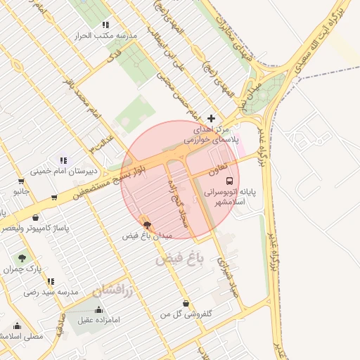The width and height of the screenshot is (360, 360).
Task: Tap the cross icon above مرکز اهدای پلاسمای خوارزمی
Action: (212, 117)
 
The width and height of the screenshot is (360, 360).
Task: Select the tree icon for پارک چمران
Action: (22, 257)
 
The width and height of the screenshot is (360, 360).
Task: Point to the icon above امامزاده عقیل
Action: (98, 309)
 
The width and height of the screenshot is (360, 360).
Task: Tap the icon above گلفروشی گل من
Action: (185, 303)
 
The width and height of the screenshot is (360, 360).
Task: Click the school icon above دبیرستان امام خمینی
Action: (64, 160)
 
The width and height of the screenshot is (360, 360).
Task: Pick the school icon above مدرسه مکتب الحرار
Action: (105, 24)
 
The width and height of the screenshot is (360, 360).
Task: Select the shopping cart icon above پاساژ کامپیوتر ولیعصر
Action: (53, 198)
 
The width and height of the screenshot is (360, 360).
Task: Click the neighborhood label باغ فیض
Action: (179, 259)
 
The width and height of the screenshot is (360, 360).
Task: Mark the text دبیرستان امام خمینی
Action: (63, 171)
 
